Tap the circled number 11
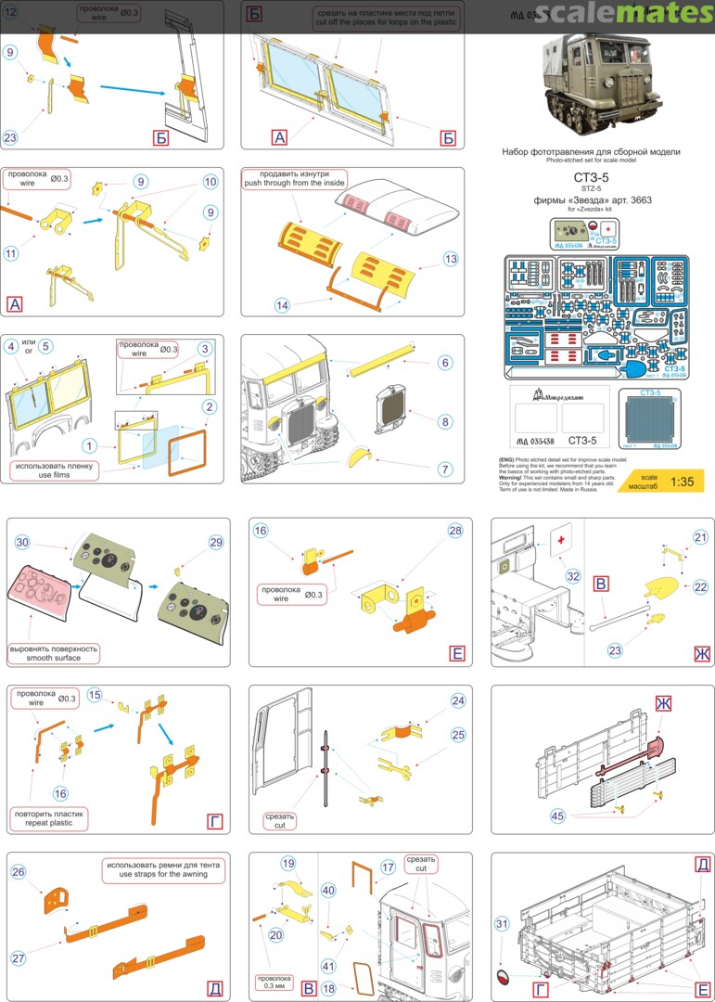click(12, 252)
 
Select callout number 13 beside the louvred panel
click(451, 259)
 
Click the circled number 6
click(445, 363)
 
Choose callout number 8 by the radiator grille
click(445, 421)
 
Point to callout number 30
click(23, 542)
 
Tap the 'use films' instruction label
click(54, 470)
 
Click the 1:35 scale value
click(682, 482)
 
